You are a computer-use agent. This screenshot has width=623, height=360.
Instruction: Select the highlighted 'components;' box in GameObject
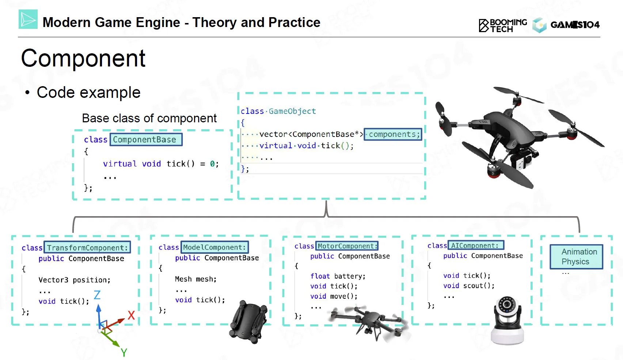coord(393,134)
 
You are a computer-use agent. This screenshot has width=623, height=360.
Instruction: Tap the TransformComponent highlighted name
coord(87,248)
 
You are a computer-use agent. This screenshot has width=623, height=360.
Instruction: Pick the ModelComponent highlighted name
coord(214,247)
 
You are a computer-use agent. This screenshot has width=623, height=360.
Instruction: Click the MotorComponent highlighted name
coord(347,246)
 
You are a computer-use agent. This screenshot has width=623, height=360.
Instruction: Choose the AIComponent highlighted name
coord(476,245)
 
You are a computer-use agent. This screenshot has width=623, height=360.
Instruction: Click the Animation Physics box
coord(576,257)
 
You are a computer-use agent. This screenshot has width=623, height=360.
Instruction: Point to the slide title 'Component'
coord(83,58)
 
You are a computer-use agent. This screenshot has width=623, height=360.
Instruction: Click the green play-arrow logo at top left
coord(28,19)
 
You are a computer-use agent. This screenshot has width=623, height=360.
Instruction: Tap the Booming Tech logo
coord(503,25)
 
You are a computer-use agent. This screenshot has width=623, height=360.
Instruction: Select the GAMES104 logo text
coord(575,25)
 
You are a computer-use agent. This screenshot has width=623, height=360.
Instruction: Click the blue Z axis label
coord(97,295)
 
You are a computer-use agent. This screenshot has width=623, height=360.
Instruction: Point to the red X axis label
coord(131,315)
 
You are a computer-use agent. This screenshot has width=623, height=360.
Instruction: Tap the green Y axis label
coord(124,352)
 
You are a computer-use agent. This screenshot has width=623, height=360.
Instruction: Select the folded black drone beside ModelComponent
coord(249,321)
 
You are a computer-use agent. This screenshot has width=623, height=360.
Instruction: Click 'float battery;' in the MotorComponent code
coord(338,276)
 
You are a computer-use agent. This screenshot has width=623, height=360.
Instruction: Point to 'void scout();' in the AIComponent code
coord(469,286)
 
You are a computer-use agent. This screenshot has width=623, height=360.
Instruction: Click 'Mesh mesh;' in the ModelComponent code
coord(195,279)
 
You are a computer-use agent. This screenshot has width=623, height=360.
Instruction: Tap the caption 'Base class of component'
coord(149,118)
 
